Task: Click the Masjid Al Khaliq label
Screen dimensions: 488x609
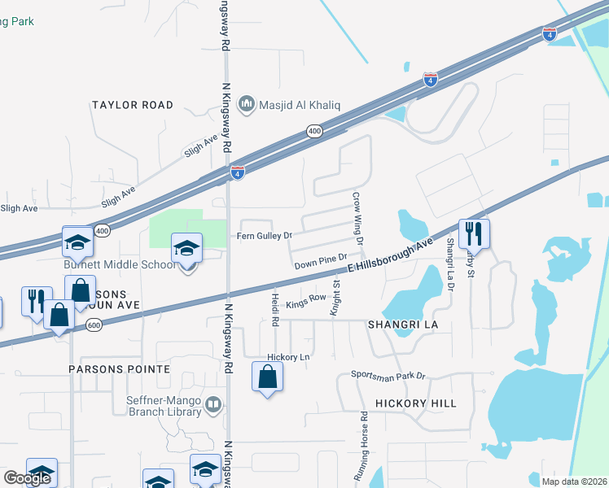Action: tap(299, 105)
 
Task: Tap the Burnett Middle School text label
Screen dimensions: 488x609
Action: tap(120, 264)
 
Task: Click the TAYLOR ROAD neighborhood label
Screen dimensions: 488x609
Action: tap(133, 105)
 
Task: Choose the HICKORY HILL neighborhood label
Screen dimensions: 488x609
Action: tap(416, 403)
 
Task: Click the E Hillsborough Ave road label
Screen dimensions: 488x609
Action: tap(390, 257)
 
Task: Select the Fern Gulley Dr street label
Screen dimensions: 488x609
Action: tap(264, 236)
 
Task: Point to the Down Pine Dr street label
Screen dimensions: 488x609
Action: tap(321, 263)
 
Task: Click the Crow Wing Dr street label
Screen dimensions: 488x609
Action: tap(357, 215)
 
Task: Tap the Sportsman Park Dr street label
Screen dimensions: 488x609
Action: tap(389, 375)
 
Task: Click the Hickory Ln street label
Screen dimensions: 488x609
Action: tap(289, 357)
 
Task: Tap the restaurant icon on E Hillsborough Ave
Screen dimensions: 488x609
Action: tap(474, 234)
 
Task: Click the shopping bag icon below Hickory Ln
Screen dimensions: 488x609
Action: tap(268, 377)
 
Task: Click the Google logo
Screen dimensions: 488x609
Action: tap(27, 478)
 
